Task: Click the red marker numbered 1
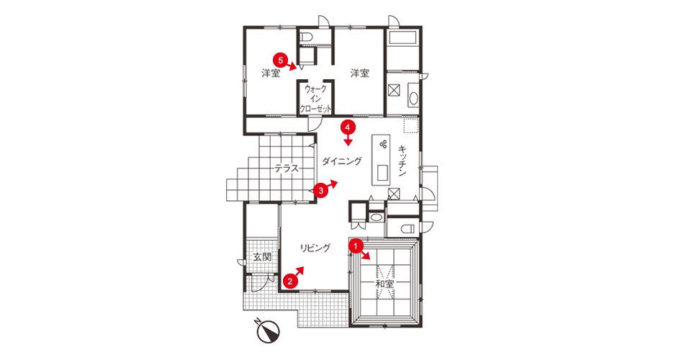coord(356,246)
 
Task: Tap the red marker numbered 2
coord(289,281)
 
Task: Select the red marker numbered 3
coord(321,191)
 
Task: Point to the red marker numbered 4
coord(348,127)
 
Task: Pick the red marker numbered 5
coord(281,60)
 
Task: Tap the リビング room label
coord(315,248)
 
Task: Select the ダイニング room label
coord(342,161)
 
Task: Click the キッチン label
coord(402,161)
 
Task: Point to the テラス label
coord(287,168)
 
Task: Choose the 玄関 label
coord(262,257)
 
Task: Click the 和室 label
coord(384,284)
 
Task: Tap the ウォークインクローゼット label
coord(315,99)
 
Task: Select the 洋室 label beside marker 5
coord(271,73)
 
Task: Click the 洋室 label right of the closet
coord(360,73)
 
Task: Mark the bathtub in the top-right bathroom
coord(403,37)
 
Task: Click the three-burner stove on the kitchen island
coord(384,144)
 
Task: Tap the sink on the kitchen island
coord(382,173)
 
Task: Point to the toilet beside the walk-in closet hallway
coord(305,37)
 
